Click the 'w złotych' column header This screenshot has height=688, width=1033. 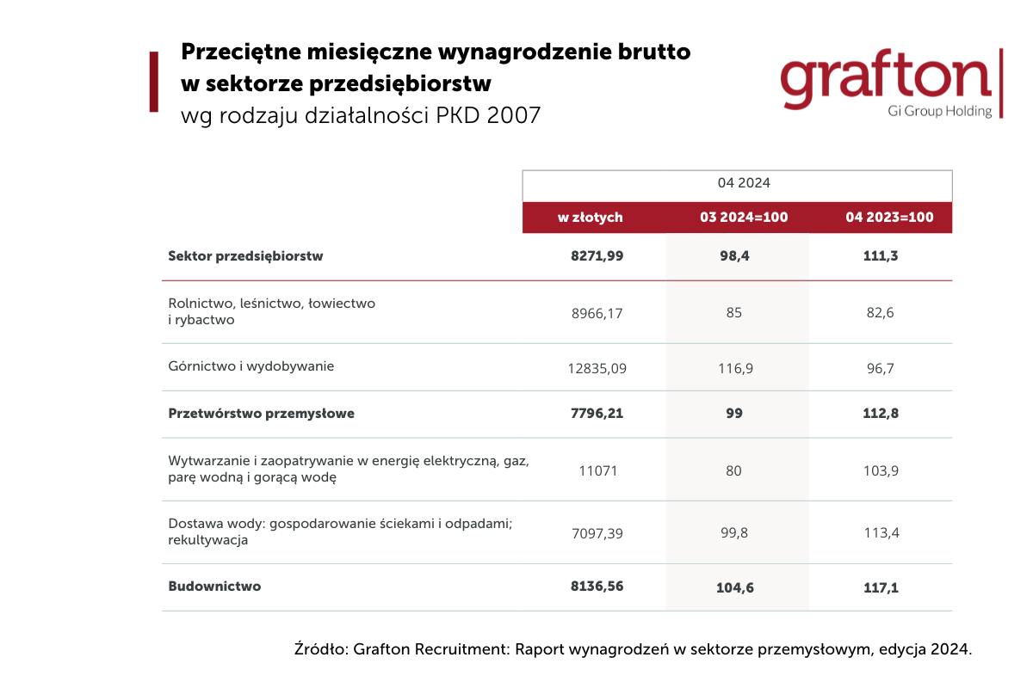[x=590, y=218]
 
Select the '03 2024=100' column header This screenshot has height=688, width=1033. [x=744, y=217]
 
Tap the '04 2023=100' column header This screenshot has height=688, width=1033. [x=889, y=217]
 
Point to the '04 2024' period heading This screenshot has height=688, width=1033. [x=744, y=183]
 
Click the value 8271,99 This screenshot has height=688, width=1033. [x=597, y=255]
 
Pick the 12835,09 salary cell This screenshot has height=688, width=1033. [x=597, y=368]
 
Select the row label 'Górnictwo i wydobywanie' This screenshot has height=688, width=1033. [x=251, y=366]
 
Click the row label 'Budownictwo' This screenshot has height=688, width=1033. [x=214, y=587]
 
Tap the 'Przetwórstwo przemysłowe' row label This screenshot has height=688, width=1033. [x=261, y=414]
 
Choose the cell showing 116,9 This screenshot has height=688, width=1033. [x=735, y=368]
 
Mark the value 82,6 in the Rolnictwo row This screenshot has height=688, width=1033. [x=880, y=313]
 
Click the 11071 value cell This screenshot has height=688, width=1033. [x=597, y=470]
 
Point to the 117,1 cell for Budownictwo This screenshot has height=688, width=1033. [x=881, y=587]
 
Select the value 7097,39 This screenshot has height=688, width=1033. [x=597, y=533]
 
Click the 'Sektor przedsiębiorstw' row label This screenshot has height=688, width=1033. [x=245, y=256]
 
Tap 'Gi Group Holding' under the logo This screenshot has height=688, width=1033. [x=939, y=112]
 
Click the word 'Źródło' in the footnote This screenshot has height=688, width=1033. [x=320, y=648]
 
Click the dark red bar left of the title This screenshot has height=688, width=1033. [x=154, y=82]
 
